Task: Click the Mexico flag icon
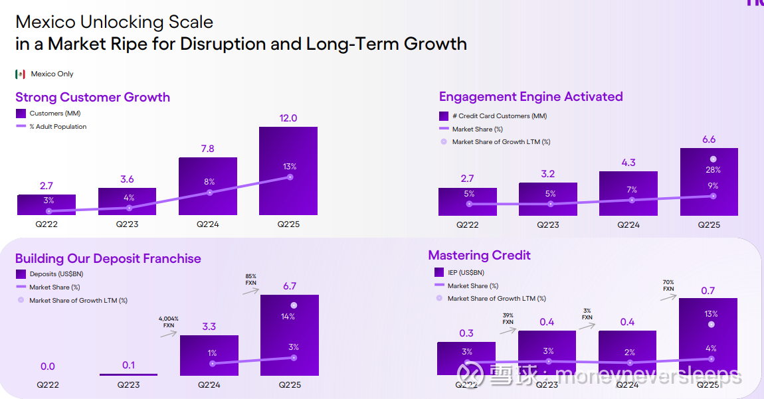(x=20, y=74)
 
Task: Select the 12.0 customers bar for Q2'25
(x=288, y=171)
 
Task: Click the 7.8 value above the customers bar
(x=207, y=149)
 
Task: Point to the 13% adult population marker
(x=290, y=177)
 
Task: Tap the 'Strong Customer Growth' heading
(x=92, y=97)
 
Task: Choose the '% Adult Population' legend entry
(x=58, y=126)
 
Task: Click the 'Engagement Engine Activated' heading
(x=531, y=96)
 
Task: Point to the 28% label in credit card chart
(x=713, y=170)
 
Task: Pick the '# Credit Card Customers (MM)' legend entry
(x=499, y=116)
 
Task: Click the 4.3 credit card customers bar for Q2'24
(x=628, y=193)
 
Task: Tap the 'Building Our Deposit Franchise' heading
(x=108, y=258)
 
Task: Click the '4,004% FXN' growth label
(x=169, y=322)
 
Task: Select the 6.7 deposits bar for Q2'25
(x=290, y=335)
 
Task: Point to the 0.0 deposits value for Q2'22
(x=47, y=366)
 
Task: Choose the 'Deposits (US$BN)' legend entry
(x=56, y=274)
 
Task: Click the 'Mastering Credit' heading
(x=479, y=255)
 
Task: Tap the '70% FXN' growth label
(x=668, y=285)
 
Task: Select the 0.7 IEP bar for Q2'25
(x=708, y=336)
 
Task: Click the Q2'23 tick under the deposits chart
(x=128, y=384)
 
